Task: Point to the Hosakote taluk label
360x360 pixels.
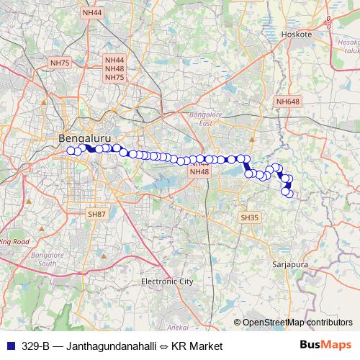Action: click(x=348, y=47)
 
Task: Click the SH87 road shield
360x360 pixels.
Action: click(x=96, y=215)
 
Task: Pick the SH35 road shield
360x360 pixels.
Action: click(x=249, y=217)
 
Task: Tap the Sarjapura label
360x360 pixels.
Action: click(x=290, y=264)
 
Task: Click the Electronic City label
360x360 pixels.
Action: click(x=167, y=281)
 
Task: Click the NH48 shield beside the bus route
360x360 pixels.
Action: click(x=199, y=171)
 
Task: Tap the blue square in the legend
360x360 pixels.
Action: click(x=9, y=346)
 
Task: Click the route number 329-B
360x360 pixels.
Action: click(x=35, y=346)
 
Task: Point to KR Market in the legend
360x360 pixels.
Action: click(x=196, y=346)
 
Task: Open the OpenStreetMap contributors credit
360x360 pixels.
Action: click(x=297, y=323)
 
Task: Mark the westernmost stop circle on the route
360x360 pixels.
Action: click(x=71, y=150)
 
